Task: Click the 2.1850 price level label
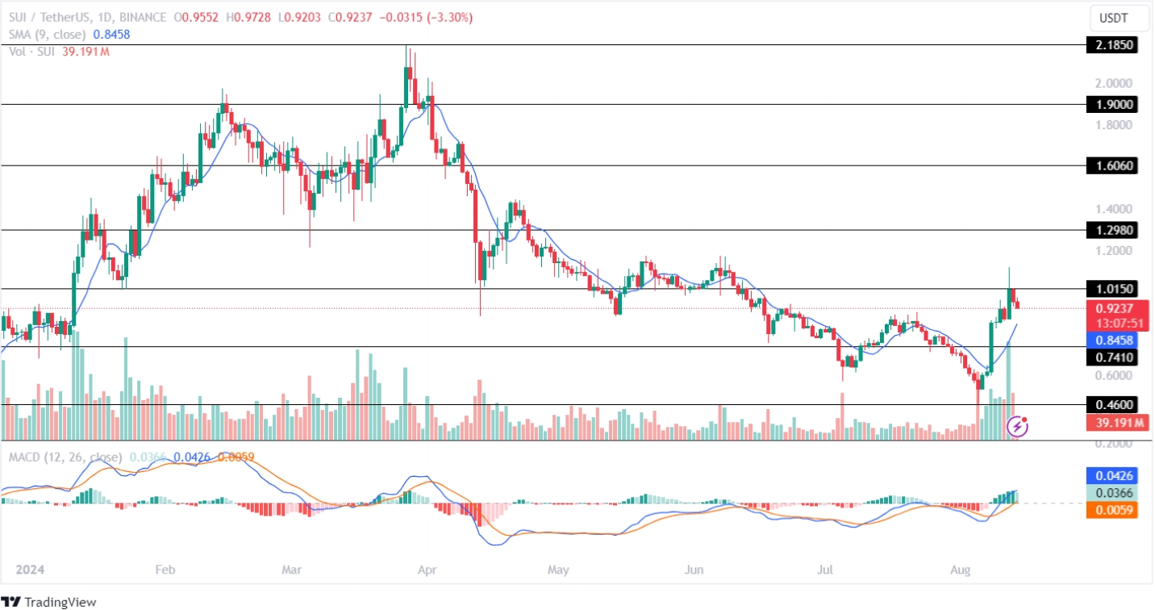click(1112, 45)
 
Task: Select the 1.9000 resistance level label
click(1112, 104)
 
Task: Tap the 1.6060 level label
click(1112, 165)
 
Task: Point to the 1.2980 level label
click(1112, 230)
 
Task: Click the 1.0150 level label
click(1112, 288)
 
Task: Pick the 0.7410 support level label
click(1112, 357)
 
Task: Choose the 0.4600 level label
click(1112, 404)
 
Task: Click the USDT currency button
click(1116, 17)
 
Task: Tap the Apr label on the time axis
click(427, 570)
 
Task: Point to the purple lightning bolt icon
click(1019, 424)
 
